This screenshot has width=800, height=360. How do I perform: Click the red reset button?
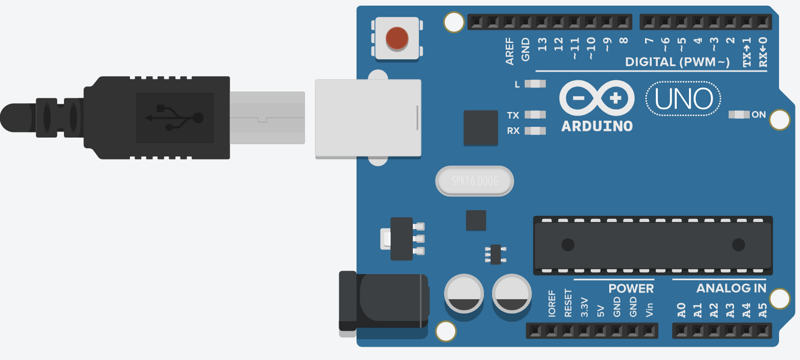click(397, 39)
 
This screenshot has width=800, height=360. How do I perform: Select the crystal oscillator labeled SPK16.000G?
click(474, 181)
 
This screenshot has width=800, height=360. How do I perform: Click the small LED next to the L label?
click(535, 84)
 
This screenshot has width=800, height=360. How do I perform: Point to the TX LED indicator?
click(535, 115)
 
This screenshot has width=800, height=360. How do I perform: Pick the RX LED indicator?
click(535, 131)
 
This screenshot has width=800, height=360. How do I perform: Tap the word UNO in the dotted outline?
click(683, 99)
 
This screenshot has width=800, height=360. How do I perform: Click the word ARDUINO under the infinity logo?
click(597, 126)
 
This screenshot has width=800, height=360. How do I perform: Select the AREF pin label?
click(510, 51)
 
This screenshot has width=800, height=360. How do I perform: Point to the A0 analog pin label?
click(681, 310)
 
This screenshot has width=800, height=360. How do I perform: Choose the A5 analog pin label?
click(763, 310)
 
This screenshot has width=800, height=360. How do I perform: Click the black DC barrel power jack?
click(384, 301)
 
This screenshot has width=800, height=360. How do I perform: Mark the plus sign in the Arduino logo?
click(616, 99)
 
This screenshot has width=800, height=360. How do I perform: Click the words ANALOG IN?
click(731, 288)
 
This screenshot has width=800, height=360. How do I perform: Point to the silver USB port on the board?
click(368, 118)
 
